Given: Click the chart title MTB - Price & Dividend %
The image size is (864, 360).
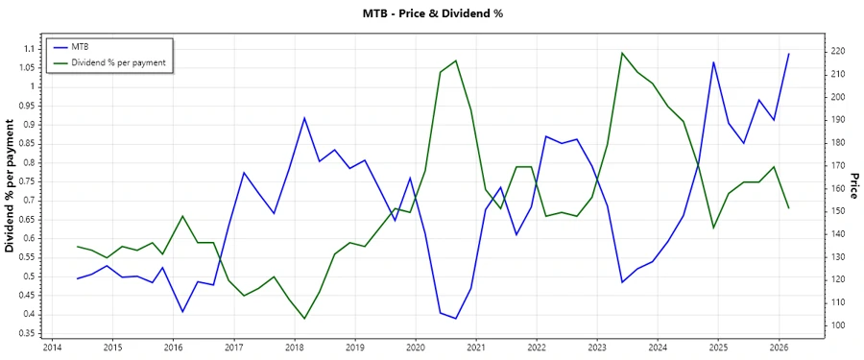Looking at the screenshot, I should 432,13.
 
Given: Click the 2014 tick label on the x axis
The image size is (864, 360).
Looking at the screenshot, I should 52,348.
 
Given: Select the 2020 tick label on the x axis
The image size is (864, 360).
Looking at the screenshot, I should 416,348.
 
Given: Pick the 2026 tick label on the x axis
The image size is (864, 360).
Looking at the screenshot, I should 779,348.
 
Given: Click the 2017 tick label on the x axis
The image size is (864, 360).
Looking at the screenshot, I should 233,348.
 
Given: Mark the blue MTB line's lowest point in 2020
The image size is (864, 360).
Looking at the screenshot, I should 456,319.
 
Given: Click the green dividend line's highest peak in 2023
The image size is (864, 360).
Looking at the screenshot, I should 622,53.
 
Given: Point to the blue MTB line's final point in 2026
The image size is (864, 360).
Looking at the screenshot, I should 789,54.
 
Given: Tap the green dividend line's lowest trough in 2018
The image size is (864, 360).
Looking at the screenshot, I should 304,319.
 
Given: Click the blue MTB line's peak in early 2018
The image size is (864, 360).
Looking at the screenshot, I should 304,118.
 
